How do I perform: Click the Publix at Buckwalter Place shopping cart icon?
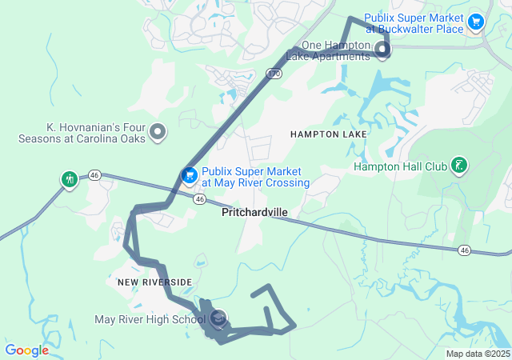[x=476, y=22]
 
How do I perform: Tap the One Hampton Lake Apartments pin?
[x=382, y=52]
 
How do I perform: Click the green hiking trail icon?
[x=70, y=178]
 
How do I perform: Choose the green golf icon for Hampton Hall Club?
[x=459, y=166]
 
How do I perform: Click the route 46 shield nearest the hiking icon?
[x=94, y=174]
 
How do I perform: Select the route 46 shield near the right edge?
[x=464, y=250]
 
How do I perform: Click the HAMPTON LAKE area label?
[x=328, y=134]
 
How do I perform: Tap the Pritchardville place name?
[x=254, y=213]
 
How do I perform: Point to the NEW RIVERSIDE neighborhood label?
[x=154, y=282]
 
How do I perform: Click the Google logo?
[x=26, y=350]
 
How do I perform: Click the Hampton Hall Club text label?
[x=400, y=167]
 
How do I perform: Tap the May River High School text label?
[x=150, y=320]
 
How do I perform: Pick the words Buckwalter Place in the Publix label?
[x=425, y=29]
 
